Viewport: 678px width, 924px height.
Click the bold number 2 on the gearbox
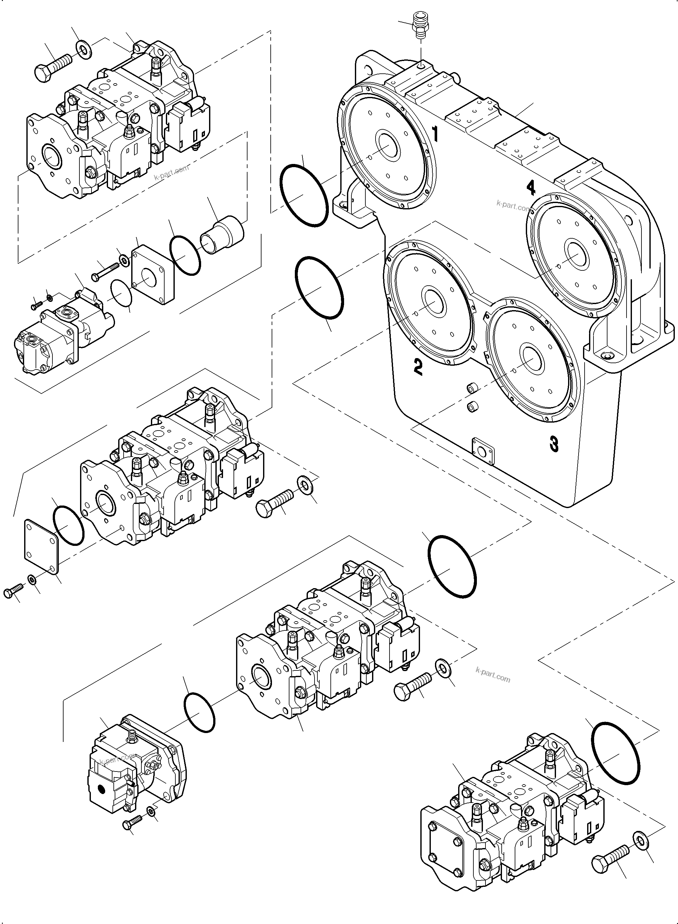point(418,367)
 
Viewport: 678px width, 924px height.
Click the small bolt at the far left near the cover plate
point(14,591)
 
